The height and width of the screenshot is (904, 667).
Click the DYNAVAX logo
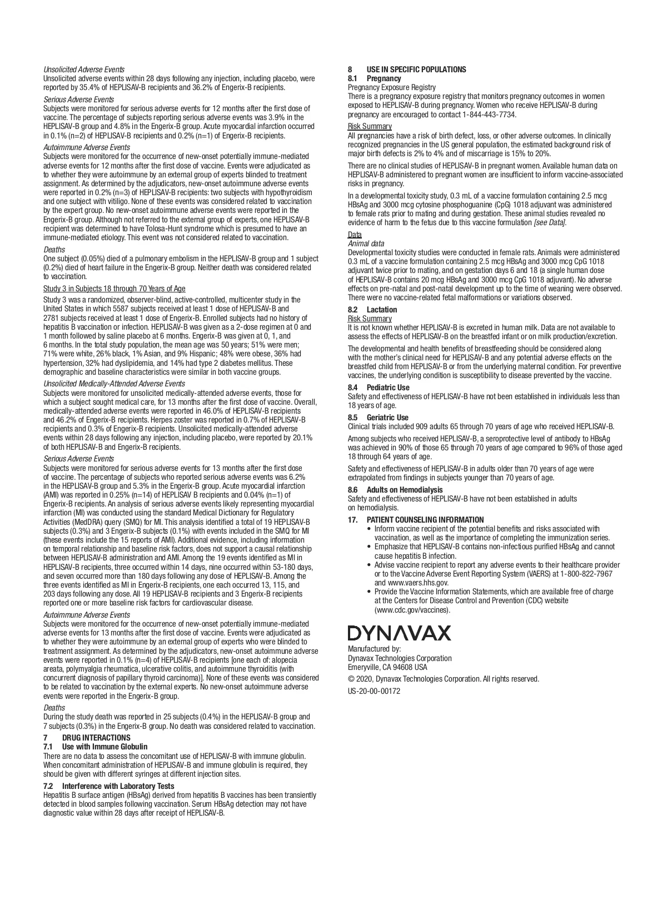pyautogui.click(x=399, y=633)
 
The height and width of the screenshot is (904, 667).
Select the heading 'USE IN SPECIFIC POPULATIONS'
pyautogui.click(x=416, y=69)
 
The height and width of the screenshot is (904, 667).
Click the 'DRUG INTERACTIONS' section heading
pyautogui.click(x=96, y=738)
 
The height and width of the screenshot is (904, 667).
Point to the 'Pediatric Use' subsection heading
pyautogui.click(x=388, y=388)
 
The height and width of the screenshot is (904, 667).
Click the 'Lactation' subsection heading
pyautogui.click(x=382, y=310)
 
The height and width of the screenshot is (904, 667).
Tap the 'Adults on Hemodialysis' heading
pyautogui.click(x=405, y=490)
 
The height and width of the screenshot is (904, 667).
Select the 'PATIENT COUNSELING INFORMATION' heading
pyautogui.click(x=425, y=520)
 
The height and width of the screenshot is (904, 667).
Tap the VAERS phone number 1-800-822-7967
pyautogui.click(x=586, y=574)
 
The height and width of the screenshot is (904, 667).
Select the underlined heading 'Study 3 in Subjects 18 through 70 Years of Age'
pyautogui.click(x=115, y=289)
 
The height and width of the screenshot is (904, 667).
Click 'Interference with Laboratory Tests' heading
pyautogui.click(x=118, y=786)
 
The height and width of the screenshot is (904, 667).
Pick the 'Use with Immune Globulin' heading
pyautogui.click(x=104, y=747)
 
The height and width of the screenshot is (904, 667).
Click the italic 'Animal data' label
pyautogui.click(x=366, y=244)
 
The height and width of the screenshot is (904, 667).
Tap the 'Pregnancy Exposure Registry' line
pyautogui.click(x=392, y=87)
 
